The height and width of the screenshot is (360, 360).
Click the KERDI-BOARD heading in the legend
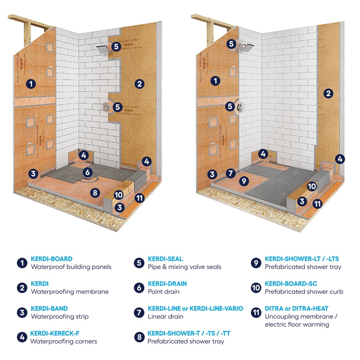point(51,258)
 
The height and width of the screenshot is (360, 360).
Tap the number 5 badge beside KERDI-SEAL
point(139,263)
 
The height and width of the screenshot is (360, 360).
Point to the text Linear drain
point(166,316)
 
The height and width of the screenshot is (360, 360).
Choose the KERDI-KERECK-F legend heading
point(55,333)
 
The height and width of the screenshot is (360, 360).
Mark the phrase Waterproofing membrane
point(69,292)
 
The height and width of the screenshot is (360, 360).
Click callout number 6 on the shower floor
point(87,172)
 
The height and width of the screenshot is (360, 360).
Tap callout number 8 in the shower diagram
point(95,193)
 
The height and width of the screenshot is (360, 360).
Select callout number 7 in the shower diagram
point(231,173)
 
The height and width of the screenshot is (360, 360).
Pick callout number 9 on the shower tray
point(244,181)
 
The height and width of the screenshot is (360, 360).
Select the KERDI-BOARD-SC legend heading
point(291,284)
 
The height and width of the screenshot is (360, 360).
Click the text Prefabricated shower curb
point(304,292)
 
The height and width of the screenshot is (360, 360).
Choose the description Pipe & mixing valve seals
point(184,267)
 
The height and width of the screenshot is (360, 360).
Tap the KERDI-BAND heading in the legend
point(49,309)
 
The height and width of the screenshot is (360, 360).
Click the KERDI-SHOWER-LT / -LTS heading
point(302,258)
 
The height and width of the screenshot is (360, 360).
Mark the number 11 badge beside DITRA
point(256,312)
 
